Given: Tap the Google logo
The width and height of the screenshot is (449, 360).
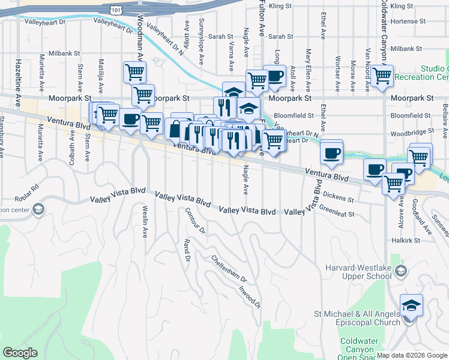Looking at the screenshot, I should pos(20,353).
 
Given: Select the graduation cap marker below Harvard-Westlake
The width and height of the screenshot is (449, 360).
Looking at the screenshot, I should pos(411,306).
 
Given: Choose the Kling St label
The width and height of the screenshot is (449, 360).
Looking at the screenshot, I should pos(280,6).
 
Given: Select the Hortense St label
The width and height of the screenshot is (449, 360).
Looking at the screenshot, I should pos(407,21).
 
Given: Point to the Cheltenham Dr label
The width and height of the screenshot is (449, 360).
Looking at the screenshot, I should pos(229,269).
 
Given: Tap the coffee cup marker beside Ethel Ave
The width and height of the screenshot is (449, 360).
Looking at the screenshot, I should pos(331,152).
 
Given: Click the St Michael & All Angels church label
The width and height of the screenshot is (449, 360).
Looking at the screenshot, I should pos(357,318).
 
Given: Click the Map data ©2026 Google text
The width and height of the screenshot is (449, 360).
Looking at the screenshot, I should pos(412,355).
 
